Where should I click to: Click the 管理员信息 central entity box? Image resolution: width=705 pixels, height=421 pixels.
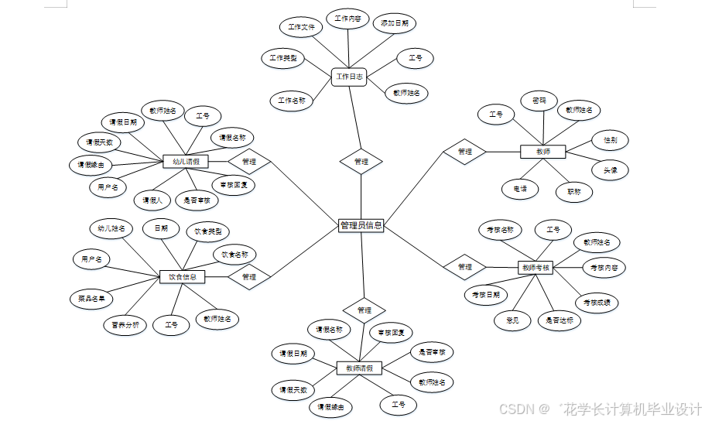pyautogui.click(x=361, y=225)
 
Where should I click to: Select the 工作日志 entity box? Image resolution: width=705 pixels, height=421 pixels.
pyautogui.click(x=348, y=77)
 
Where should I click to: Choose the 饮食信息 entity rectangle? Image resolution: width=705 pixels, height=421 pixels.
pyautogui.click(x=183, y=276)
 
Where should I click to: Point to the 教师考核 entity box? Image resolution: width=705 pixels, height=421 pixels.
pyautogui.click(x=536, y=268)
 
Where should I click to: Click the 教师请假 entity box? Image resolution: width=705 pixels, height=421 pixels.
pyautogui.click(x=358, y=368)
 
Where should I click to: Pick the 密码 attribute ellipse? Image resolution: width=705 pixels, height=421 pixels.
pyautogui.click(x=539, y=101)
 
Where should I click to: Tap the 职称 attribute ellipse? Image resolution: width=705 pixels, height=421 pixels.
pyautogui.click(x=573, y=191)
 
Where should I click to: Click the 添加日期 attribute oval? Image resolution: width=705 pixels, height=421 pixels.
pyautogui.click(x=395, y=24)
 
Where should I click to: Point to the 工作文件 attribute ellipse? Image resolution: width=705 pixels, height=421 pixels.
pyautogui.click(x=301, y=27)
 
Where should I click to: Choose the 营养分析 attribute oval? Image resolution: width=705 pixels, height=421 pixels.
pyautogui.click(x=125, y=325)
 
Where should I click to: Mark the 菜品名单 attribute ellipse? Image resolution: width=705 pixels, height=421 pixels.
pyautogui.click(x=91, y=298)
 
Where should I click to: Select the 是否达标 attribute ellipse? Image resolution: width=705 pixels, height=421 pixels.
pyautogui.click(x=559, y=320)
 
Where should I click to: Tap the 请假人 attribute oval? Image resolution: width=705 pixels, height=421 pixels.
pyautogui.click(x=152, y=200)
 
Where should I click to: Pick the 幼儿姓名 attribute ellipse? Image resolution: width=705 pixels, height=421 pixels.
pyautogui.click(x=112, y=228)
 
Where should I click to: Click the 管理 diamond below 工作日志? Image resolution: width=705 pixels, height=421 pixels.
pyautogui.click(x=361, y=162)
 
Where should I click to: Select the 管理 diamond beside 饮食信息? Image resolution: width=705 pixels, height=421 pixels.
pyautogui.click(x=248, y=276)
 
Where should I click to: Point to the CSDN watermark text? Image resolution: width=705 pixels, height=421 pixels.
pyautogui.click(x=600, y=409)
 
